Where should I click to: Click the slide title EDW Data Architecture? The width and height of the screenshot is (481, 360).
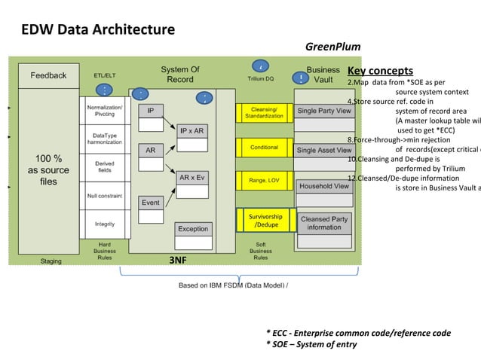click(x=98, y=30)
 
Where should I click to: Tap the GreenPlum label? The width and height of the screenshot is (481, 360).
click(x=332, y=47)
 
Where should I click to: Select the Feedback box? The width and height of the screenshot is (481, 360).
click(x=48, y=75)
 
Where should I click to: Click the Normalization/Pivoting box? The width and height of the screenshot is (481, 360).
click(x=105, y=111)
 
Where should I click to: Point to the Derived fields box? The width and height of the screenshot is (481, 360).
click(x=105, y=167)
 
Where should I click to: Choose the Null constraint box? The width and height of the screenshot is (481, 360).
click(x=105, y=194)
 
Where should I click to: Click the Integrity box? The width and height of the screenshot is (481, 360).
click(x=105, y=224)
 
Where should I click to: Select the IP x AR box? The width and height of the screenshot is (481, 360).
click(x=191, y=130)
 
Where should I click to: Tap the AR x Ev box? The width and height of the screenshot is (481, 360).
click(x=191, y=178)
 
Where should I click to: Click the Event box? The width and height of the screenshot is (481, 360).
click(x=151, y=202)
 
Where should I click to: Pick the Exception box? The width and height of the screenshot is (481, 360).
click(x=193, y=228)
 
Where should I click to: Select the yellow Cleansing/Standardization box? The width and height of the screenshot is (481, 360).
click(x=264, y=112)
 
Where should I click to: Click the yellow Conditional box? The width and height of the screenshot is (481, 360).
click(x=264, y=147)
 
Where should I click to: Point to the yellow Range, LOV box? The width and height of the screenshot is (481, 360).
click(x=264, y=180)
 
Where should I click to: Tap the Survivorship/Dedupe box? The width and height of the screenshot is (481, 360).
click(x=265, y=221)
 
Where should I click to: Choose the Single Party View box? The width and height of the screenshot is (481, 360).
click(x=324, y=111)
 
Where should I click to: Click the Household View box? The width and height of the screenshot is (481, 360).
click(x=324, y=185)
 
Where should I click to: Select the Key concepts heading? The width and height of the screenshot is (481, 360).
click(x=380, y=71)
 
